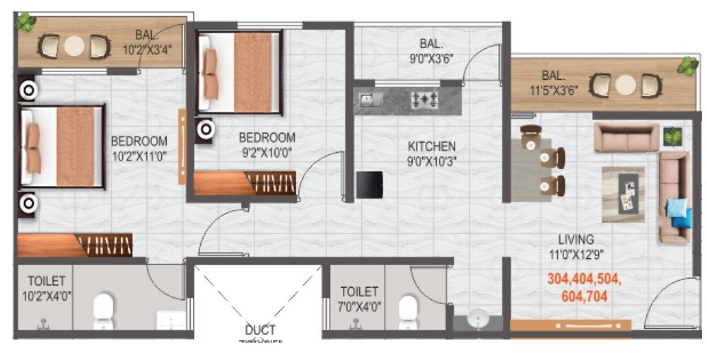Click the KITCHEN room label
431,146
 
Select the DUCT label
260,330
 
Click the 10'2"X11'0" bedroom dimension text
139,156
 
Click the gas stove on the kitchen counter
426,100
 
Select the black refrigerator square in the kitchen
369,185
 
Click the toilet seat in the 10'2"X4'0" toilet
103,308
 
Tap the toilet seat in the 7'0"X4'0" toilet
408,309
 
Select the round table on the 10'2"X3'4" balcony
74,47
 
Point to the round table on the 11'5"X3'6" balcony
626,86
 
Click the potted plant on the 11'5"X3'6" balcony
686,66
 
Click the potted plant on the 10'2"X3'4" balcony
26,22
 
